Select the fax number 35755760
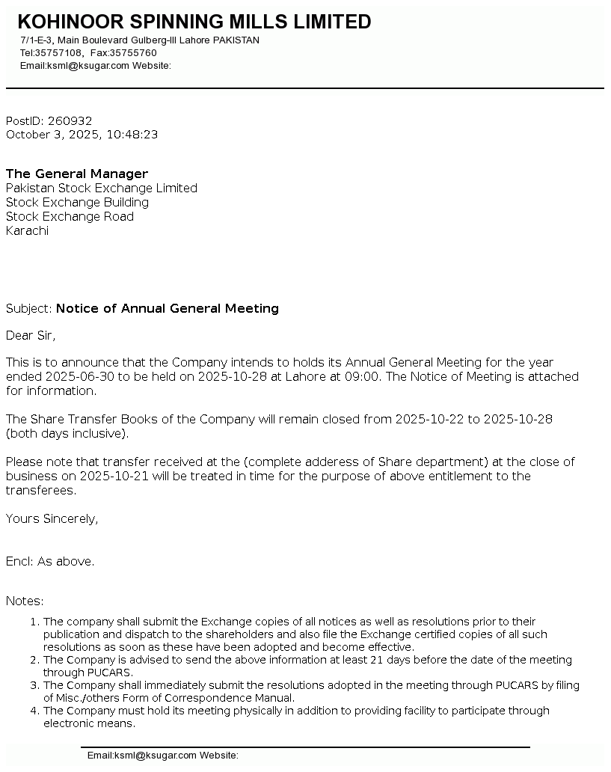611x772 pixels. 133,53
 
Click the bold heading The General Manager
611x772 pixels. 77,174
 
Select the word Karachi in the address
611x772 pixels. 27,230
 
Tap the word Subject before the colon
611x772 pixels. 28,308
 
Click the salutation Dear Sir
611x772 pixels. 31,335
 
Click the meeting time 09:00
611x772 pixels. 363,376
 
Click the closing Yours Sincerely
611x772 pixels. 52,518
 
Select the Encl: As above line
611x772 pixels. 50,561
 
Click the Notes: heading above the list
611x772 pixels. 25,601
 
